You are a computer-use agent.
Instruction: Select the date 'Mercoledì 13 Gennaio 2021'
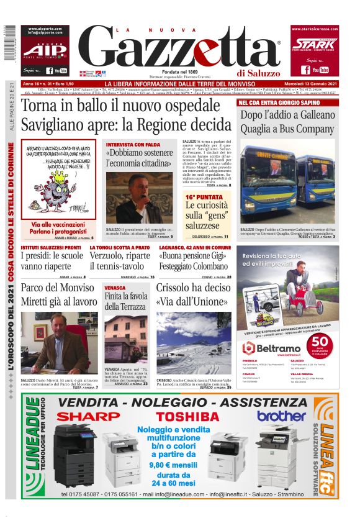pyautogui.click(x=306, y=84)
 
